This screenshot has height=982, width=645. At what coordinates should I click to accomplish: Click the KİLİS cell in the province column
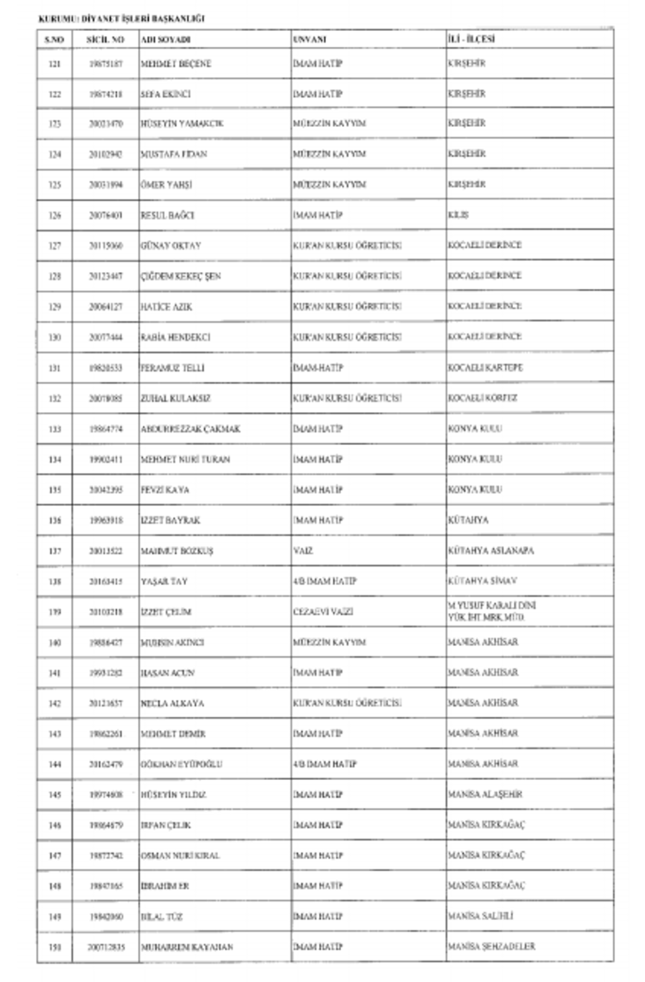459,215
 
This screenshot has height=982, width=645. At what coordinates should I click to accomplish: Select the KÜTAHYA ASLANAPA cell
490,550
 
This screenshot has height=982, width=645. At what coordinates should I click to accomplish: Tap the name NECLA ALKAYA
172,703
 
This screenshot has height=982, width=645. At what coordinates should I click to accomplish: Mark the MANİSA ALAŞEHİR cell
486,794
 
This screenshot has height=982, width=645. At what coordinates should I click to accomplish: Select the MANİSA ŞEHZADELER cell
492,946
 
